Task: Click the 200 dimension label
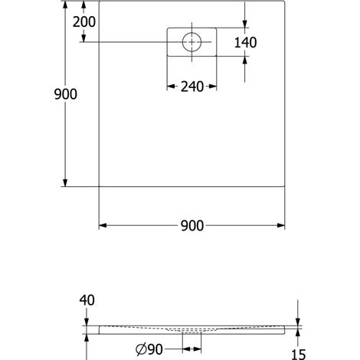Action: pos(84,22)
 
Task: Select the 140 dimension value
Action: pos(245,42)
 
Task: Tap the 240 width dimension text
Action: pos(192,87)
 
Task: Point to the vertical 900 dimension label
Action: pos(66,94)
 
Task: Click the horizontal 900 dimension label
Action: pos(192,226)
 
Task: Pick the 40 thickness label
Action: pos(87,300)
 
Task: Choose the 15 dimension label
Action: pos(298,355)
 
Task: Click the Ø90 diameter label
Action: pos(149,349)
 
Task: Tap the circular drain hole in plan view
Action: pos(191,42)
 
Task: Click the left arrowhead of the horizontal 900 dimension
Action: pos(103,225)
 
